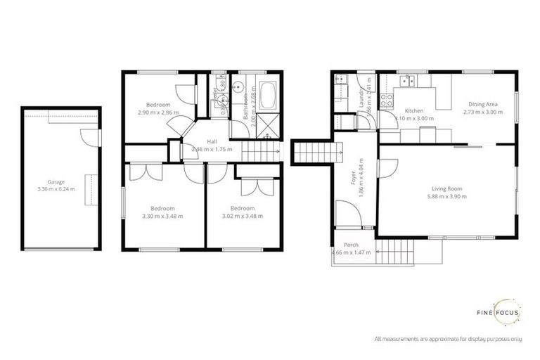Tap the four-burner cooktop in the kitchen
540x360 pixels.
[385, 99]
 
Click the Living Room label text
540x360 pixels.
[447, 188]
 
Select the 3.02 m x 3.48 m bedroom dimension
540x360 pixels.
[243, 216]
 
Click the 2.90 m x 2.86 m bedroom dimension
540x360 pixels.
[158, 112]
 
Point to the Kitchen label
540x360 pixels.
[413, 112]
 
